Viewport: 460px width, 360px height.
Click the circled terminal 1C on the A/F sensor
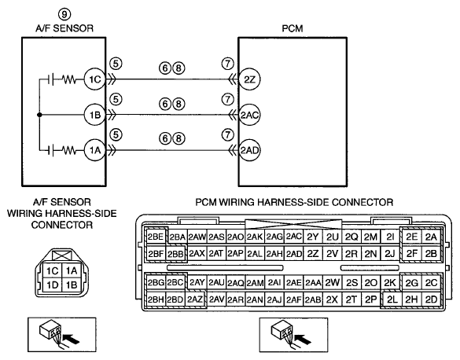pos(95,79)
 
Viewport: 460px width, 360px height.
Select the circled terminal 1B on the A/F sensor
pos(95,115)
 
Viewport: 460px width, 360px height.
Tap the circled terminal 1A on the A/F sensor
pos(95,150)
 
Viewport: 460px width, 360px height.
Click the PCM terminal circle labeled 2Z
pos(249,79)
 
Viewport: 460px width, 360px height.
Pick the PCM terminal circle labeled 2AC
pos(249,115)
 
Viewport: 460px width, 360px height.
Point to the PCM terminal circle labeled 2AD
pos(249,150)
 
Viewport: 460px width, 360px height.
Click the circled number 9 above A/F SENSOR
pos(64,14)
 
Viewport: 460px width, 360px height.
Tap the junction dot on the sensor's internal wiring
pos(39,115)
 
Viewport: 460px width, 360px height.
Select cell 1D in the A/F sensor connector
pos(53,285)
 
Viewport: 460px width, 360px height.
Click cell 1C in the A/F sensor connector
pos(53,270)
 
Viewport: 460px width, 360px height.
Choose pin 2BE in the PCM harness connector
pos(156,237)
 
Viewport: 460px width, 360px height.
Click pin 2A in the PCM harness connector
pos(431,237)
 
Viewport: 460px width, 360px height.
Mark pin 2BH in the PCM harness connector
pos(156,299)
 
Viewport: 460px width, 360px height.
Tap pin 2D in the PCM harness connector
pos(431,299)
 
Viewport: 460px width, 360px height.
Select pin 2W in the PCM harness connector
pos(332,283)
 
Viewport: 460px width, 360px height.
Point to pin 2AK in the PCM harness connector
pos(255,237)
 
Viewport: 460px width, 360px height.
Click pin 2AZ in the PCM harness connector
pos(195,299)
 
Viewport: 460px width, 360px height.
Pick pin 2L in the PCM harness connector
pos(392,299)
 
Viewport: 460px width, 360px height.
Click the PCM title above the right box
pos(293,28)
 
